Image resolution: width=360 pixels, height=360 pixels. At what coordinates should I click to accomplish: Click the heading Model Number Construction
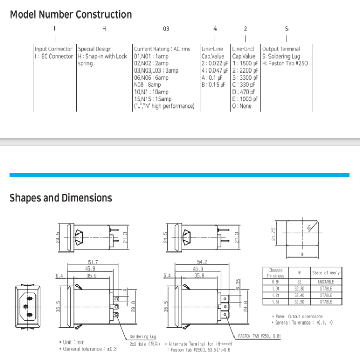pos(70,14)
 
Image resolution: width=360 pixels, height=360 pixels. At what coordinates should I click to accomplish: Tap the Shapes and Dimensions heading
pos(61,198)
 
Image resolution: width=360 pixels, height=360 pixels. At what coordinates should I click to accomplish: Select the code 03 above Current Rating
pos(166,29)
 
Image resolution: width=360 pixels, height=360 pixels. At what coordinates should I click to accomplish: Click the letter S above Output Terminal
pos(286,29)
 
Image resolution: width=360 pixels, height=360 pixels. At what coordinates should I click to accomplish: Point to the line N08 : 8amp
pos(148,85)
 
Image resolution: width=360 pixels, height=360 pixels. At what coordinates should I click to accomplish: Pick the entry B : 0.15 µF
pos(213,85)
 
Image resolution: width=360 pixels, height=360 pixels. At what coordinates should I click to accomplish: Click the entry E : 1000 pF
pos(244,99)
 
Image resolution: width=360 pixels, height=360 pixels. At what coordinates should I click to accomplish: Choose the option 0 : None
pos(242,106)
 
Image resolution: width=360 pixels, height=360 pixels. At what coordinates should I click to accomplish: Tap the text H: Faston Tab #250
pos(284,64)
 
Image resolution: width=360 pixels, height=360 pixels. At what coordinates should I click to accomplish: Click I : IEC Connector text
pos(53,57)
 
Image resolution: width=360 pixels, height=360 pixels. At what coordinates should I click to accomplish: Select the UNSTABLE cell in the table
pos(326,282)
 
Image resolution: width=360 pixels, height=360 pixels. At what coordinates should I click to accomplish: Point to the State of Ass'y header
pos(326,273)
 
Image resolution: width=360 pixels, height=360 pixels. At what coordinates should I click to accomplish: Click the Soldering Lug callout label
pos(139,337)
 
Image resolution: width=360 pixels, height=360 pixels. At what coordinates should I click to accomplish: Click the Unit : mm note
pos(74,341)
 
